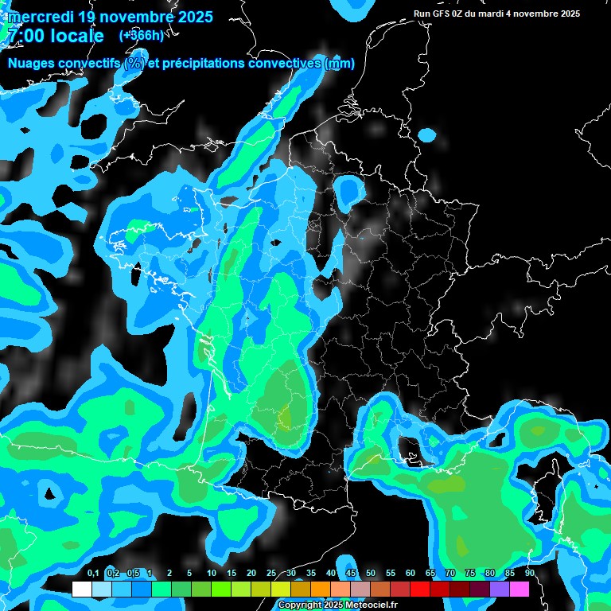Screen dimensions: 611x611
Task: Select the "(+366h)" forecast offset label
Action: click(x=142, y=35)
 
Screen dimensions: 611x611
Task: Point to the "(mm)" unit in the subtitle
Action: click(x=340, y=64)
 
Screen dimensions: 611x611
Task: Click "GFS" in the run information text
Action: click(x=441, y=14)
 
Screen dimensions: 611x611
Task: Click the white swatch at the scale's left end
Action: click(x=81, y=590)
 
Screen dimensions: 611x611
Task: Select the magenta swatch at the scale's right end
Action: click(x=520, y=590)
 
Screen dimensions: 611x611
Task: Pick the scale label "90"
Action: click(x=529, y=573)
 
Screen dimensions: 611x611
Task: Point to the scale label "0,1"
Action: click(x=93, y=573)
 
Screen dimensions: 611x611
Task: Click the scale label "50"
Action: click(x=371, y=573)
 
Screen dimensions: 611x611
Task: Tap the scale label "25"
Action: click(x=271, y=573)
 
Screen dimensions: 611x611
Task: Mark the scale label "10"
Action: click(x=212, y=573)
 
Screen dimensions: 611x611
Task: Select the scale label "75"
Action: click(x=469, y=573)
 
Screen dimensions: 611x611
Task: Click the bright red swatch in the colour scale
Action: click(x=420, y=590)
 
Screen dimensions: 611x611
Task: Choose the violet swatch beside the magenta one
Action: click(x=500, y=590)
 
